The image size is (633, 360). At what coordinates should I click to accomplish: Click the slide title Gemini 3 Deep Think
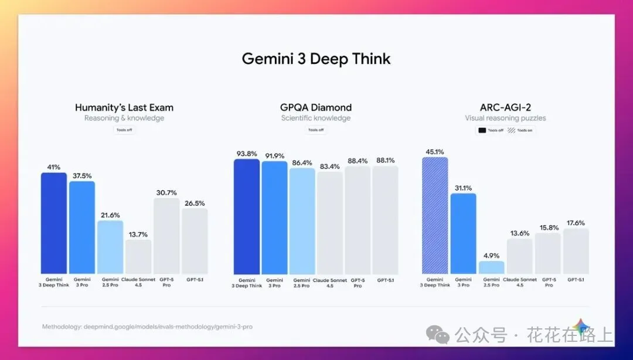tap(316, 59)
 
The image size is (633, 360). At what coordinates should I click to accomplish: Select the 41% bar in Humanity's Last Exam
tap(53, 223)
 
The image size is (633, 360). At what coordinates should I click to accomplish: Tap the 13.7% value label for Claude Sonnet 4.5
tap(138, 235)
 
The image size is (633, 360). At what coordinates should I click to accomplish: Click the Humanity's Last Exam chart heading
tap(124, 107)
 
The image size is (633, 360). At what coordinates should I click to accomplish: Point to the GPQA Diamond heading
tap(316, 107)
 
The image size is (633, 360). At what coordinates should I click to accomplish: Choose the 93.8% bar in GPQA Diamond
tap(247, 217)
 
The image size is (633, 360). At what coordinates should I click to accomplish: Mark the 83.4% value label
tap(330, 167)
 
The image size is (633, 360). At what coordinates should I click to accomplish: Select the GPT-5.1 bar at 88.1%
tap(385, 220)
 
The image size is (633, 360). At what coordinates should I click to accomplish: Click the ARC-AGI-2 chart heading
tap(505, 107)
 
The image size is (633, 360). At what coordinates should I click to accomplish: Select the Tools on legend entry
tap(521, 130)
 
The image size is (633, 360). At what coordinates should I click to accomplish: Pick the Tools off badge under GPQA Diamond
tap(316, 130)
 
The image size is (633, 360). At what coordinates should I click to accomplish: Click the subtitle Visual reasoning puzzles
tap(505, 118)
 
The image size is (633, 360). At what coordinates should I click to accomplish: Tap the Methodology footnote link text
tap(147, 327)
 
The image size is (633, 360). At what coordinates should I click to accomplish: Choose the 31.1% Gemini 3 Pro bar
tap(463, 233)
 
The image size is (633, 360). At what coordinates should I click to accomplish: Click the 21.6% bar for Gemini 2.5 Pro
tap(110, 247)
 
